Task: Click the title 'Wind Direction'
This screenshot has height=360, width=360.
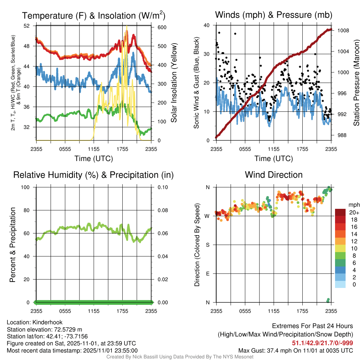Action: pyautogui.click(x=274, y=175)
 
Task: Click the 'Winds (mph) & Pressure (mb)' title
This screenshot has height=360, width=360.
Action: pyautogui.click(x=274, y=15)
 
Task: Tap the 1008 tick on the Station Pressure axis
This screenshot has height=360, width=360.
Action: pyautogui.click(x=343, y=31)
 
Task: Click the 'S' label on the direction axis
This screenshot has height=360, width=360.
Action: pyautogui.click(x=207, y=245)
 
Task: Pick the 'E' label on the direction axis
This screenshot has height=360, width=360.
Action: pyautogui.click(x=207, y=274)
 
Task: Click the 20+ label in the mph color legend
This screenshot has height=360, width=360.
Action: pyautogui.click(x=354, y=212)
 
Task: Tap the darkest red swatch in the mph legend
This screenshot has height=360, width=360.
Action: pyautogui.click(x=341, y=212)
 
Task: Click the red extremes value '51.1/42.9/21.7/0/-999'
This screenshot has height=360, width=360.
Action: pyautogui.click(x=322, y=343)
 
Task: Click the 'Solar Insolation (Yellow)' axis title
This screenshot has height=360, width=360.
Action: pyautogui.click(x=174, y=83)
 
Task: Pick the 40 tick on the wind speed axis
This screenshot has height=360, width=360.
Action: pyautogui.click(x=207, y=25)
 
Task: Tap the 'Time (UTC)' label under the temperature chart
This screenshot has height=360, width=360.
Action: pyautogui.click(x=94, y=159)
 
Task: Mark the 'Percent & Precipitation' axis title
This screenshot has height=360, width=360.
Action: pyautogui.click(x=12, y=245)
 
